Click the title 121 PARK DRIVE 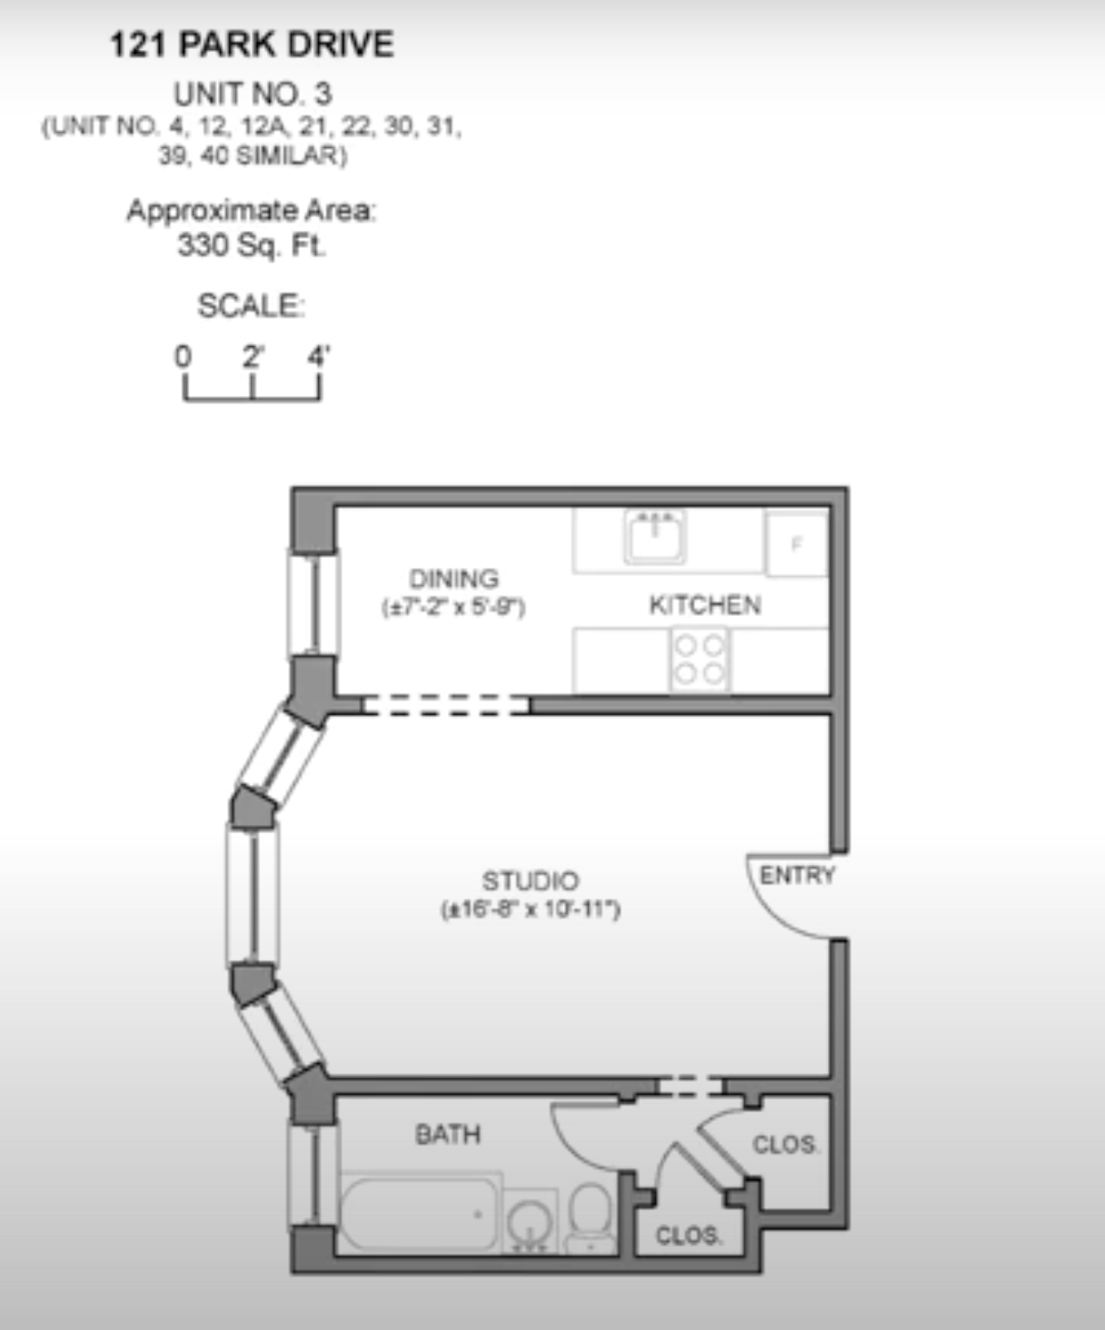pyautogui.click(x=252, y=45)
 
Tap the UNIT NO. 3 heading pyautogui.click(x=252, y=94)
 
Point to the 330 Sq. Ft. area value pyautogui.click(x=251, y=245)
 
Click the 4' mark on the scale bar pyautogui.click(x=318, y=356)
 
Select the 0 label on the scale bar pyautogui.click(x=184, y=356)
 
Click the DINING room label pyautogui.click(x=453, y=579)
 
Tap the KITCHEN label pyautogui.click(x=704, y=605)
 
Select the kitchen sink pyautogui.click(x=654, y=536)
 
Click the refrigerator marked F pyautogui.click(x=797, y=544)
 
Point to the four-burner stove pyautogui.click(x=700, y=660)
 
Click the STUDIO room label pyautogui.click(x=530, y=881)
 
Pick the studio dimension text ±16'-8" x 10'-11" pyautogui.click(x=530, y=908)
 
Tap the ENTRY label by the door pyautogui.click(x=797, y=876)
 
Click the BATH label pyautogui.click(x=447, y=1134)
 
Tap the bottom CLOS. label pyautogui.click(x=688, y=1236)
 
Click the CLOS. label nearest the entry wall pyautogui.click(x=785, y=1144)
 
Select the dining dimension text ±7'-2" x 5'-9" pyautogui.click(x=453, y=607)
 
